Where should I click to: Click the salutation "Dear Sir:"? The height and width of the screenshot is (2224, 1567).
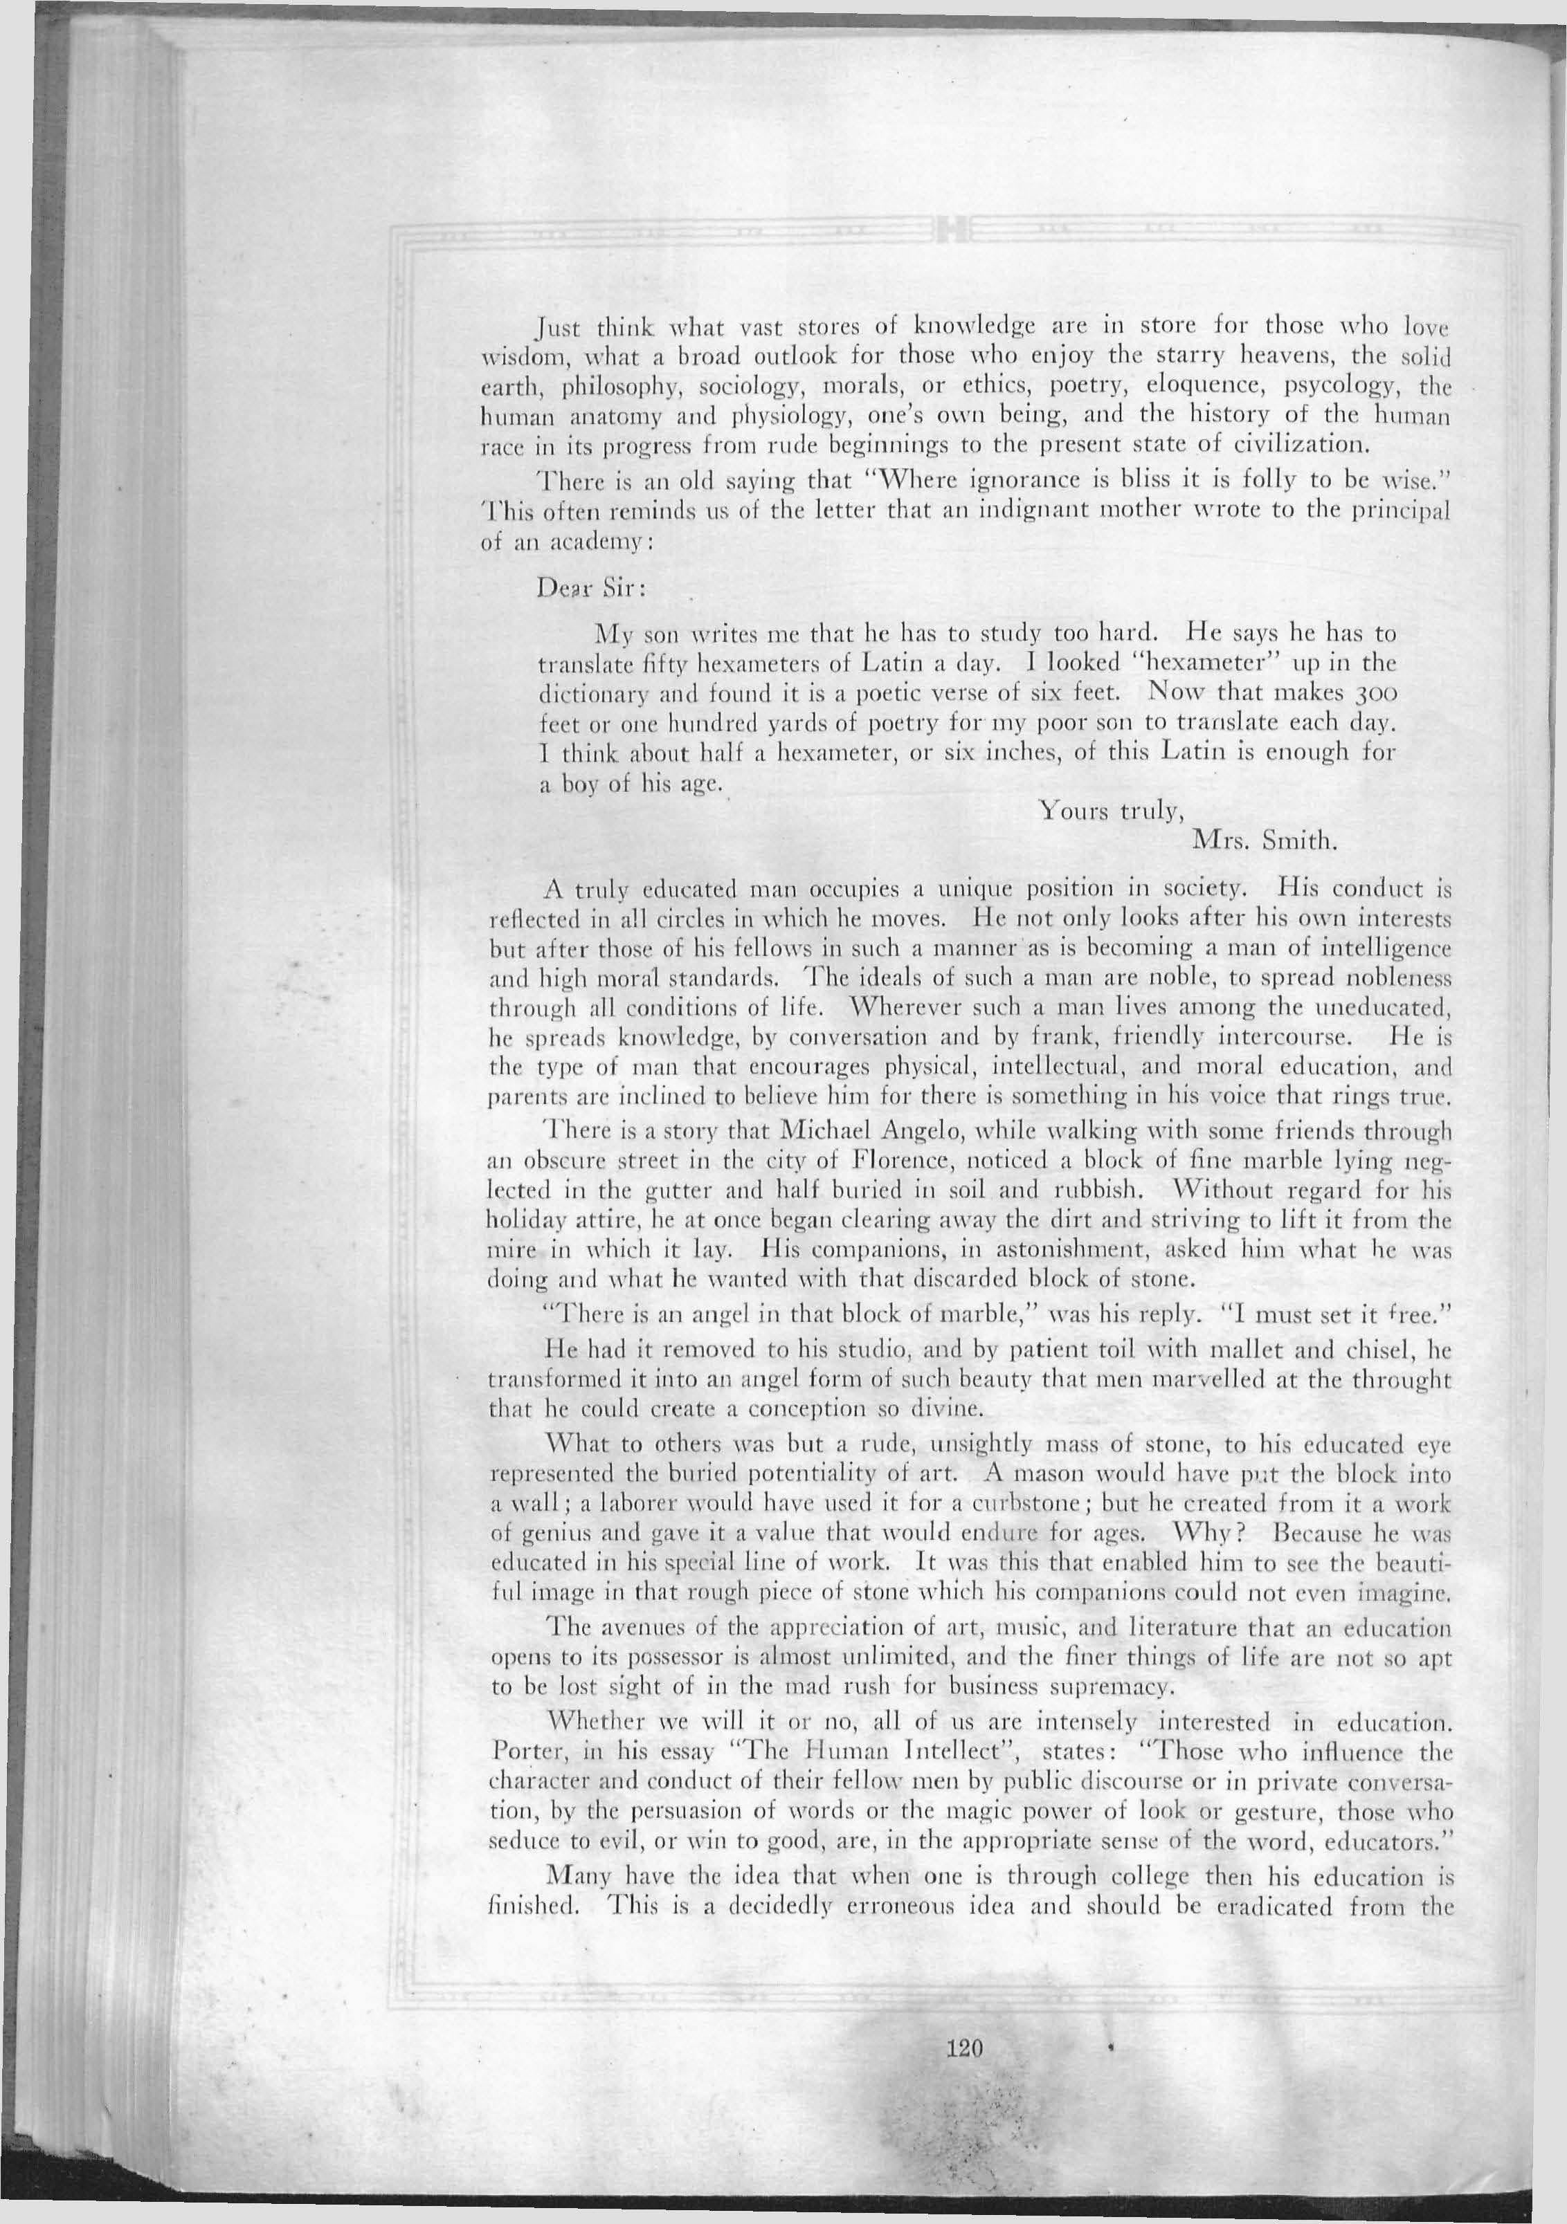point(579,588)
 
